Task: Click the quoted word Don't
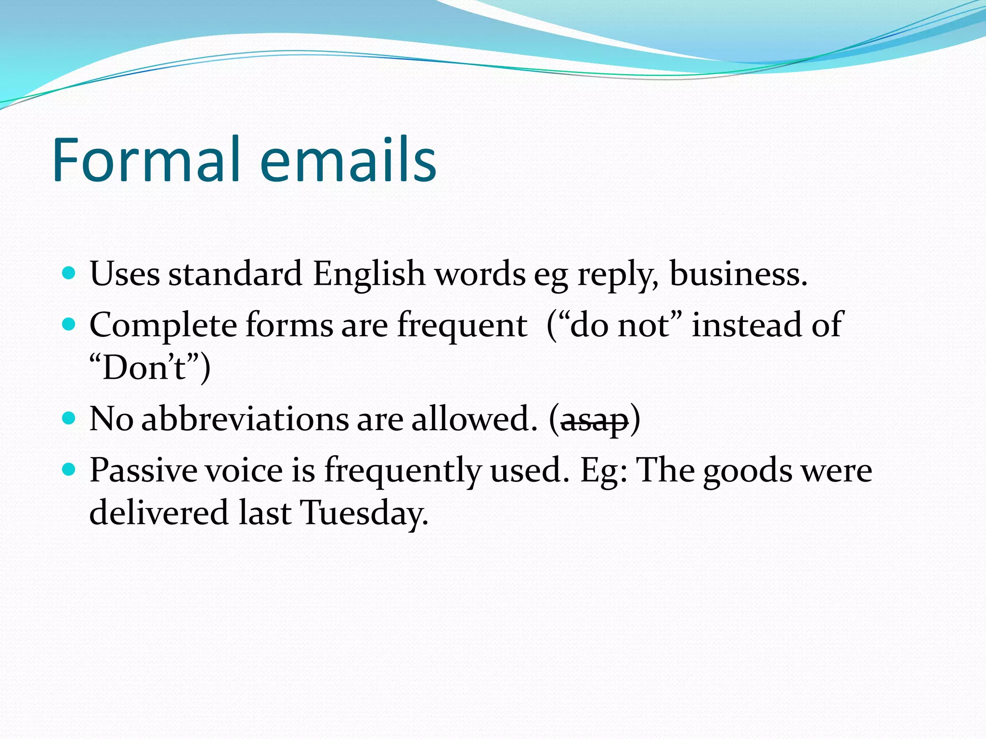coord(144,368)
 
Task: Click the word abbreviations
coord(245,419)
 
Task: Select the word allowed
coord(474,419)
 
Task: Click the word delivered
coord(159,512)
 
